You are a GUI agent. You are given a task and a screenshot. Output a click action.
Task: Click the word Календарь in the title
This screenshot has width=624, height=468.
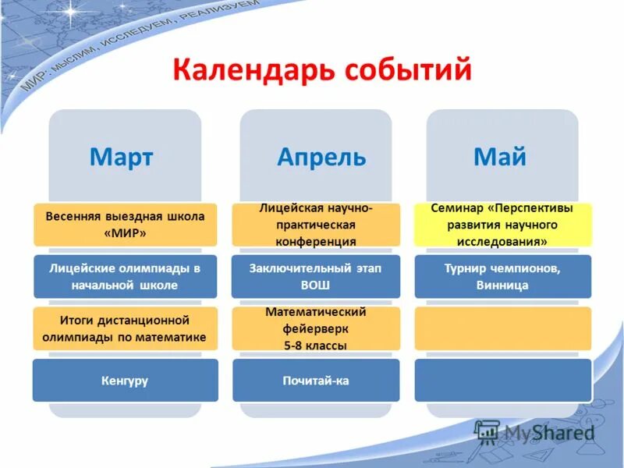point(250,69)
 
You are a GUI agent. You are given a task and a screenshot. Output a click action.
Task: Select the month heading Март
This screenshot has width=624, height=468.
point(121,157)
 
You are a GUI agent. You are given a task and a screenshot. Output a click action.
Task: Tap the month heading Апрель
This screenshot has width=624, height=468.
point(321,157)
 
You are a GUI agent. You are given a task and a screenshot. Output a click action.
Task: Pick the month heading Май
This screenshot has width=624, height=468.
point(500,157)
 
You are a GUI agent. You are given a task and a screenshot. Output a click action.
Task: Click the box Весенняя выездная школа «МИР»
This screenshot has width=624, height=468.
point(125,225)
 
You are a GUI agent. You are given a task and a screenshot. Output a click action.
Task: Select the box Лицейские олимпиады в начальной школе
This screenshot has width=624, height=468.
point(125,276)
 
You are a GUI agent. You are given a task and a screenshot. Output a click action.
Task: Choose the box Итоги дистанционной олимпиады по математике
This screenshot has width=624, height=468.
point(125,328)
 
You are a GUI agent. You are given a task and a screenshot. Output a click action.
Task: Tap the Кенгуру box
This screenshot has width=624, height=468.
point(125,381)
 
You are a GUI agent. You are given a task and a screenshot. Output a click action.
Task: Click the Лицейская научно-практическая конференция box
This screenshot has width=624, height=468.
point(317,225)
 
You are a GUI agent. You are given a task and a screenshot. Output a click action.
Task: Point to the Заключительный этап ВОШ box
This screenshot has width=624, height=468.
point(317,276)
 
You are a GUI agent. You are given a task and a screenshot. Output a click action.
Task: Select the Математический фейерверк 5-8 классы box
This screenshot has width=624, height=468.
point(317,328)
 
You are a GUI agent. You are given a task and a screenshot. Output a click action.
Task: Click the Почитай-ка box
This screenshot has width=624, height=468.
point(317,381)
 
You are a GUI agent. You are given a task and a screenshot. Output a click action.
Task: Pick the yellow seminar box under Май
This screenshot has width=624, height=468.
point(502,225)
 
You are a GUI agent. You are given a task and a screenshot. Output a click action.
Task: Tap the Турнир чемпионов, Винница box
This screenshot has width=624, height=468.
point(502,276)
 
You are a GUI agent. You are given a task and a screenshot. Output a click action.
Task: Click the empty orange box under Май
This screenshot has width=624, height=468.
point(502,328)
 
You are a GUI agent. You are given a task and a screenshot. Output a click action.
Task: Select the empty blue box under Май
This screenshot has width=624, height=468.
point(502,381)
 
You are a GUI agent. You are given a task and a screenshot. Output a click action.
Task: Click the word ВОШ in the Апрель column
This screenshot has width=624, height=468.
point(316,285)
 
